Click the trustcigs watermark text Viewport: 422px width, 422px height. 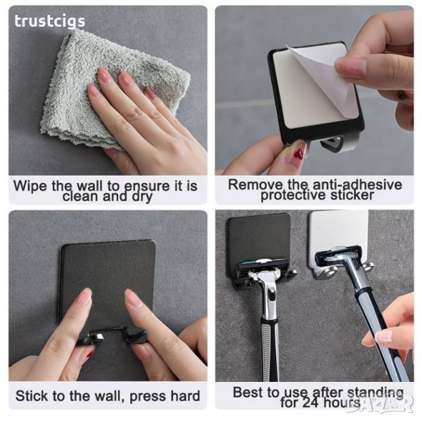tap(50, 21)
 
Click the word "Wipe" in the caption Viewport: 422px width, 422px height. tap(30, 186)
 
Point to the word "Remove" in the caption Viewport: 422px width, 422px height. tap(255, 185)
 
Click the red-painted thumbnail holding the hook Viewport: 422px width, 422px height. tap(298, 153)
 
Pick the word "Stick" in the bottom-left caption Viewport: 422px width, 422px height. tap(32, 396)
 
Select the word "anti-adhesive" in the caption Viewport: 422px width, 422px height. tap(357, 185)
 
